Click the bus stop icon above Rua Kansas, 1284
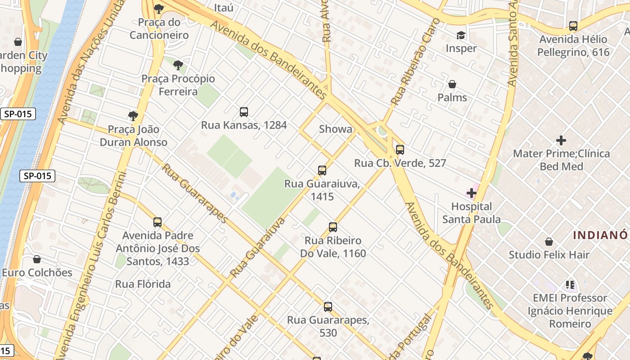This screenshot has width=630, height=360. (x=244, y=112)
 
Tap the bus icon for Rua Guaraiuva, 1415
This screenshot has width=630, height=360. (x=322, y=171)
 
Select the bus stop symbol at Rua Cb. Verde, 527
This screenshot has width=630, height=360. (x=400, y=150)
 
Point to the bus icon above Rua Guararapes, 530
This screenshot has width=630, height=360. (x=328, y=307)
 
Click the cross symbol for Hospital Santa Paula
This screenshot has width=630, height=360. (x=472, y=193)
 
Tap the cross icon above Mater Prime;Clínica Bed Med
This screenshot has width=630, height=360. (x=561, y=140)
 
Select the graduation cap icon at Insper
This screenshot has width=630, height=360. (x=461, y=35)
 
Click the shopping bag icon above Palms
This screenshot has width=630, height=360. (x=452, y=85)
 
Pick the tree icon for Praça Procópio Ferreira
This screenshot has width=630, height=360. (x=178, y=65)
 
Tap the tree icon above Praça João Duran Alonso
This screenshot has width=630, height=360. (x=133, y=116)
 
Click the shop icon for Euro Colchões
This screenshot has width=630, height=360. (x=37, y=260)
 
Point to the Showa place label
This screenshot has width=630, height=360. (x=336, y=129)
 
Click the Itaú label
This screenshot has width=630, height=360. (x=224, y=8)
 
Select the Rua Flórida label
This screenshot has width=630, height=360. (x=143, y=284)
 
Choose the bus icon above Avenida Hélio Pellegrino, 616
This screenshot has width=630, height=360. (x=573, y=26)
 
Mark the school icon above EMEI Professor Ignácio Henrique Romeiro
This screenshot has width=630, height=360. (x=570, y=285)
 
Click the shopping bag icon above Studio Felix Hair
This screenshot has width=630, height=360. (x=549, y=242)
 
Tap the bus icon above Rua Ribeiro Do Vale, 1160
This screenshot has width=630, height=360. (x=333, y=227)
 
